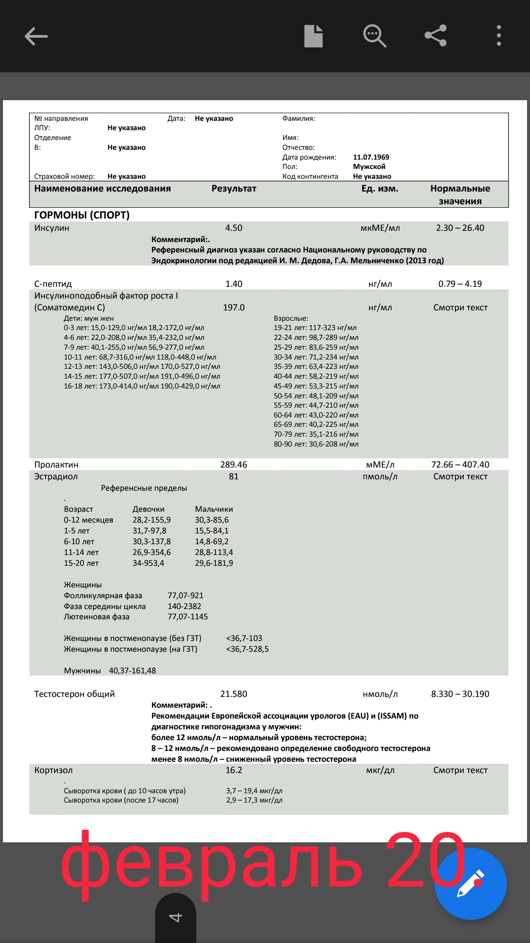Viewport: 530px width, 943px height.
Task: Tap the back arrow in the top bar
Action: point(36,36)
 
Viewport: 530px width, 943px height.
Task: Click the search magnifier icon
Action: point(374,36)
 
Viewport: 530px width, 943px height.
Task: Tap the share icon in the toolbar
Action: point(435,36)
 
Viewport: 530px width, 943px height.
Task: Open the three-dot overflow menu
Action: point(499,36)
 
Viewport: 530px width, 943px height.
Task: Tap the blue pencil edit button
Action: point(471,884)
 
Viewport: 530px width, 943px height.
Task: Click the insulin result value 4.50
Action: point(234,228)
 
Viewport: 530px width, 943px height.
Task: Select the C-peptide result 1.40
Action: point(234,284)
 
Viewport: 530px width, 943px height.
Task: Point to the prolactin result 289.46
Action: point(234,465)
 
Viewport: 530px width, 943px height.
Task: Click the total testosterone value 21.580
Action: point(234,694)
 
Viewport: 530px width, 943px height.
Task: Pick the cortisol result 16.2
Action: point(234,770)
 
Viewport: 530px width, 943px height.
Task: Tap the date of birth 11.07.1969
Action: point(371,157)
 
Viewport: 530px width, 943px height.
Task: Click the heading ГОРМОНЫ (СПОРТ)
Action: point(82,215)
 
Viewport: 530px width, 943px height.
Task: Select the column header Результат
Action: point(234,189)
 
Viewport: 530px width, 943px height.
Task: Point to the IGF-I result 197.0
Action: point(234,307)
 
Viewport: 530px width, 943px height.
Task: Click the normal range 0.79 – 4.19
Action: point(460,284)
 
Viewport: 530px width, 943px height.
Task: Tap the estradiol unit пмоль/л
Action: point(380,476)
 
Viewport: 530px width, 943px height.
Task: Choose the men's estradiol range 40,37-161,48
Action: point(132,671)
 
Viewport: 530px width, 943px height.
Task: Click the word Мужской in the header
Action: point(369,166)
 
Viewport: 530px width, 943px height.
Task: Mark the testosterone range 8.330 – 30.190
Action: point(460,694)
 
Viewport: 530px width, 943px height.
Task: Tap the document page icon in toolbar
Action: point(313,36)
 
